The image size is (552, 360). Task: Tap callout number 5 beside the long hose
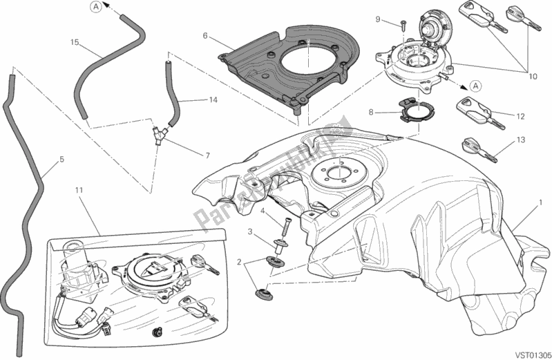point(61,160)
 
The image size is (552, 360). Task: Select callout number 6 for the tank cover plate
point(205,35)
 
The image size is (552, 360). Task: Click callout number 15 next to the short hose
point(75,41)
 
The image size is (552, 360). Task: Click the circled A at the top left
point(97,6)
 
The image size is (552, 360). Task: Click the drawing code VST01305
point(526,351)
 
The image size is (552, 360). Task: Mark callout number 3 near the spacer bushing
point(251,233)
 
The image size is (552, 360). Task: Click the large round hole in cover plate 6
point(307,59)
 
